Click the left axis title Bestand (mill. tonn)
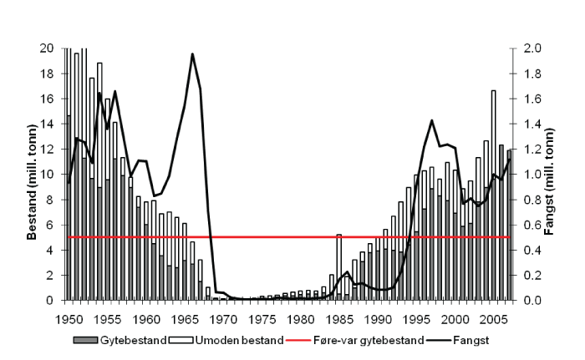[31, 175]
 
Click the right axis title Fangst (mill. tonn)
[549, 175]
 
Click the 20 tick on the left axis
[48, 48]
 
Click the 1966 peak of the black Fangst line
[192, 53]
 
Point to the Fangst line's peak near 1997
[431, 120]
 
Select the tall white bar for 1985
[338, 251]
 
